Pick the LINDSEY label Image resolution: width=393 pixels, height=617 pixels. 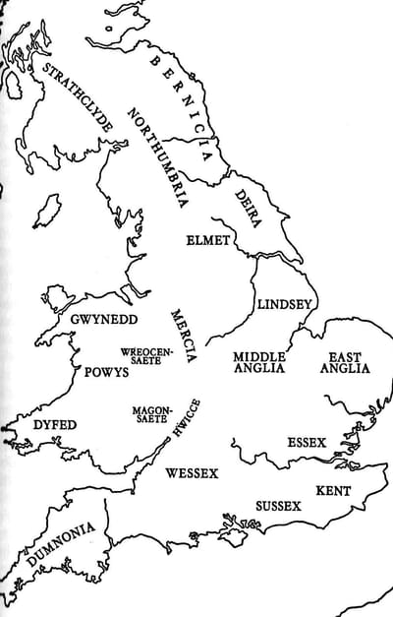pyautogui.click(x=283, y=305)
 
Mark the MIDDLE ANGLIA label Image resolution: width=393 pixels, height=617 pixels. pyautogui.click(x=259, y=362)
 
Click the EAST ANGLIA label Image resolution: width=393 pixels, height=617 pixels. pyautogui.click(x=345, y=362)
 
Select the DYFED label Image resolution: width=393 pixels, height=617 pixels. pyautogui.click(x=55, y=425)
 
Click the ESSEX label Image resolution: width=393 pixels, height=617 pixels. pyautogui.click(x=307, y=444)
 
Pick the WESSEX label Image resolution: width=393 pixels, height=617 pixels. pyautogui.click(x=192, y=473)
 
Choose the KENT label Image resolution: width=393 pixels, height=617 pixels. pyautogui.click(x=334, y=489)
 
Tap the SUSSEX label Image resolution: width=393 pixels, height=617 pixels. pyautogui.click(x=278, y=505)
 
